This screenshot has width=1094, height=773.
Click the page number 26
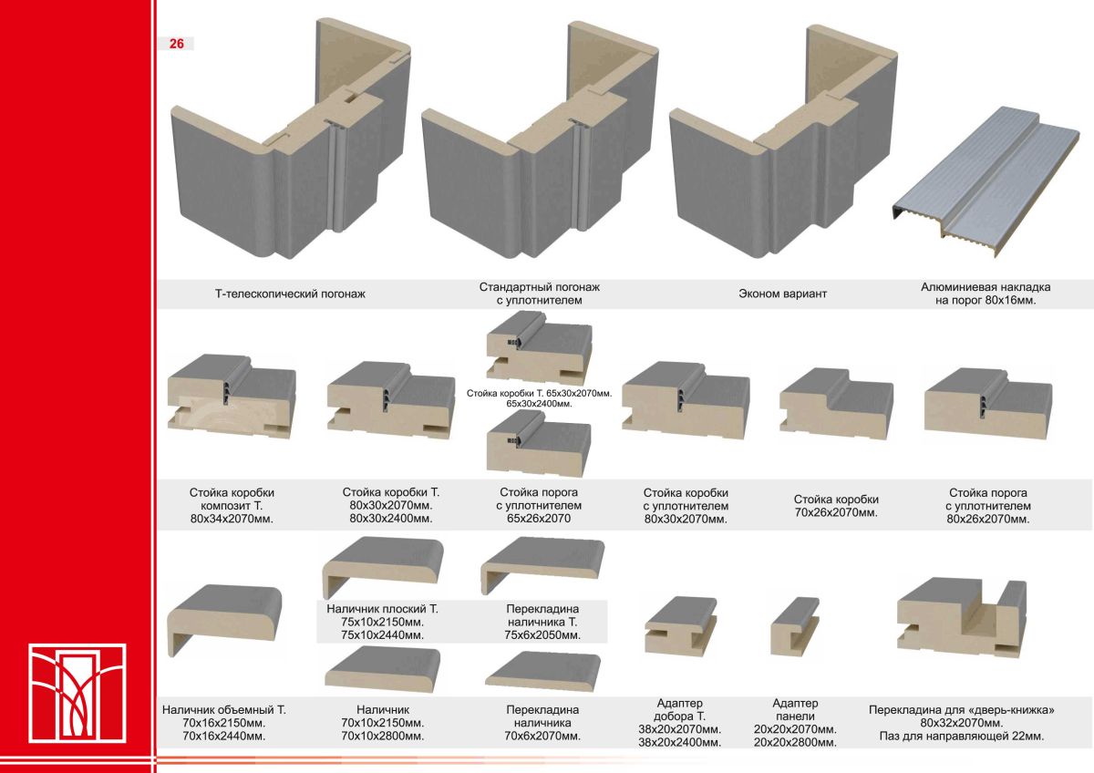tap(176, 43)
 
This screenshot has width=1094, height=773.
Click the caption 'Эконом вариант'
tap(781, 294)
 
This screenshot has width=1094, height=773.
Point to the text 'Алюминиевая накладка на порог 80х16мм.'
tap(986, 293)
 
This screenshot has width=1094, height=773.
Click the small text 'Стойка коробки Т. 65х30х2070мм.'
tap(539, 392)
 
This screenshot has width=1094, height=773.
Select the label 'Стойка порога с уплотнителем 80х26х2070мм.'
tap(987, 506)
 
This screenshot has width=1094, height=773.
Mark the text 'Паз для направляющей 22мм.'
tap(962, 736)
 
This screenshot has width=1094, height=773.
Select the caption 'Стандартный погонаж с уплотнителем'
tap(540, 293)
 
